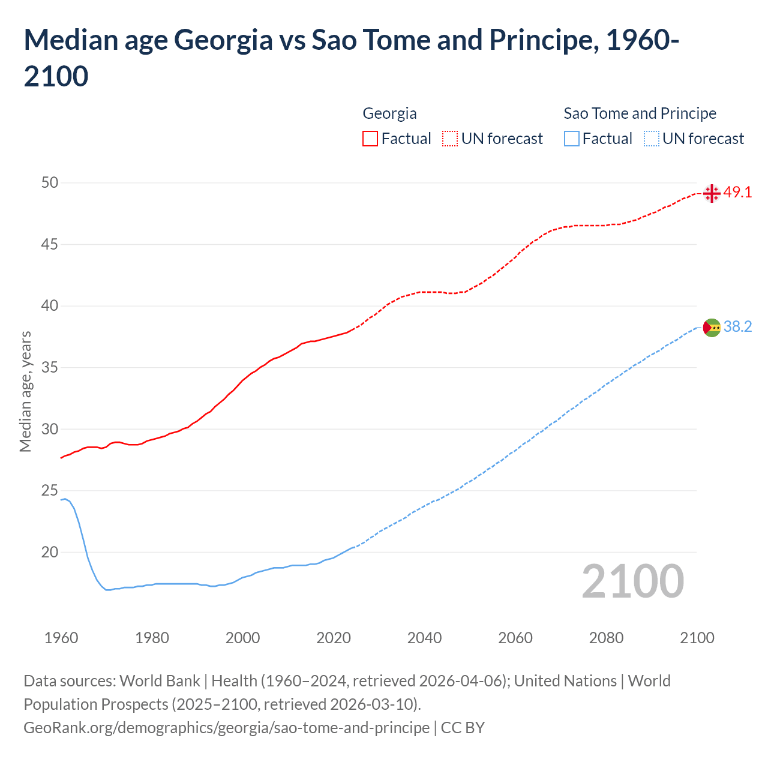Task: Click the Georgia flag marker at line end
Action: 712,193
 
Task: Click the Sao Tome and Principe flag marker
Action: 712,328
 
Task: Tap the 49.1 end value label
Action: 737,193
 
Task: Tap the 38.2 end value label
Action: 737,327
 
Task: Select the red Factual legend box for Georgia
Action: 370,139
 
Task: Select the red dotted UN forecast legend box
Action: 450,139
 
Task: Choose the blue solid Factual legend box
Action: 572,139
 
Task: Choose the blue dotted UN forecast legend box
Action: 651,139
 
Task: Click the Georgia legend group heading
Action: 389,113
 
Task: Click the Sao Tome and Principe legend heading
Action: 640,113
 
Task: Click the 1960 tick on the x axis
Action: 61,638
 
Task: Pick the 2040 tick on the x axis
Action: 424,638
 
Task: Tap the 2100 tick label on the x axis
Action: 697,638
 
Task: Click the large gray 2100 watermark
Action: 633,581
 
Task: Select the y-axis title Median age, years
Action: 25,391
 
